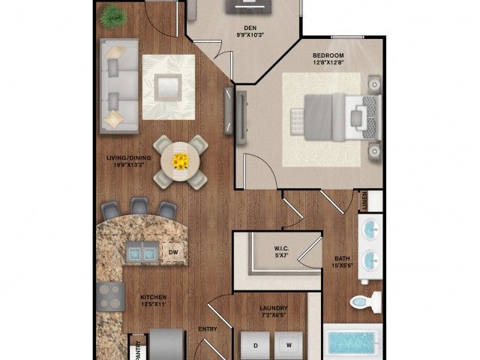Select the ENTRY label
pos(207,329)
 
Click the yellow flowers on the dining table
pos(181,160)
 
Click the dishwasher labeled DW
pos(172,253)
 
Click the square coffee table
pos(166,85)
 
